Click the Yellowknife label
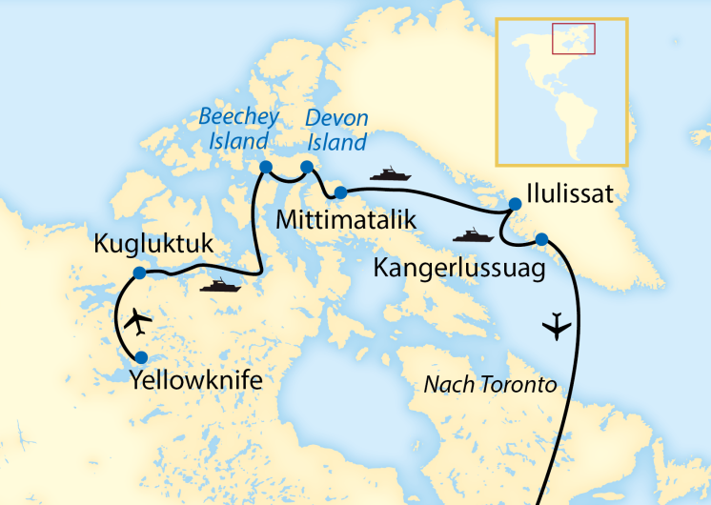[194, 384]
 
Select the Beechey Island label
[239, 129]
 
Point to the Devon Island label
[335, 131]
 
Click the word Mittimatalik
[346, 220]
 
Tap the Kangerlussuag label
[459, 268]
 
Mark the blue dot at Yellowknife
[141, 358]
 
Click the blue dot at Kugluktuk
[139, 273]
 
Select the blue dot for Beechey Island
[266, 167]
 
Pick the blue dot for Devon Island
[307, 168]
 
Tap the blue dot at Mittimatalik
[339, 194]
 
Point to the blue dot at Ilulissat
[516, 203]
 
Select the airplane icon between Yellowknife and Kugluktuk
[139, 322]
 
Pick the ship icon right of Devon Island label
[390, 173]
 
